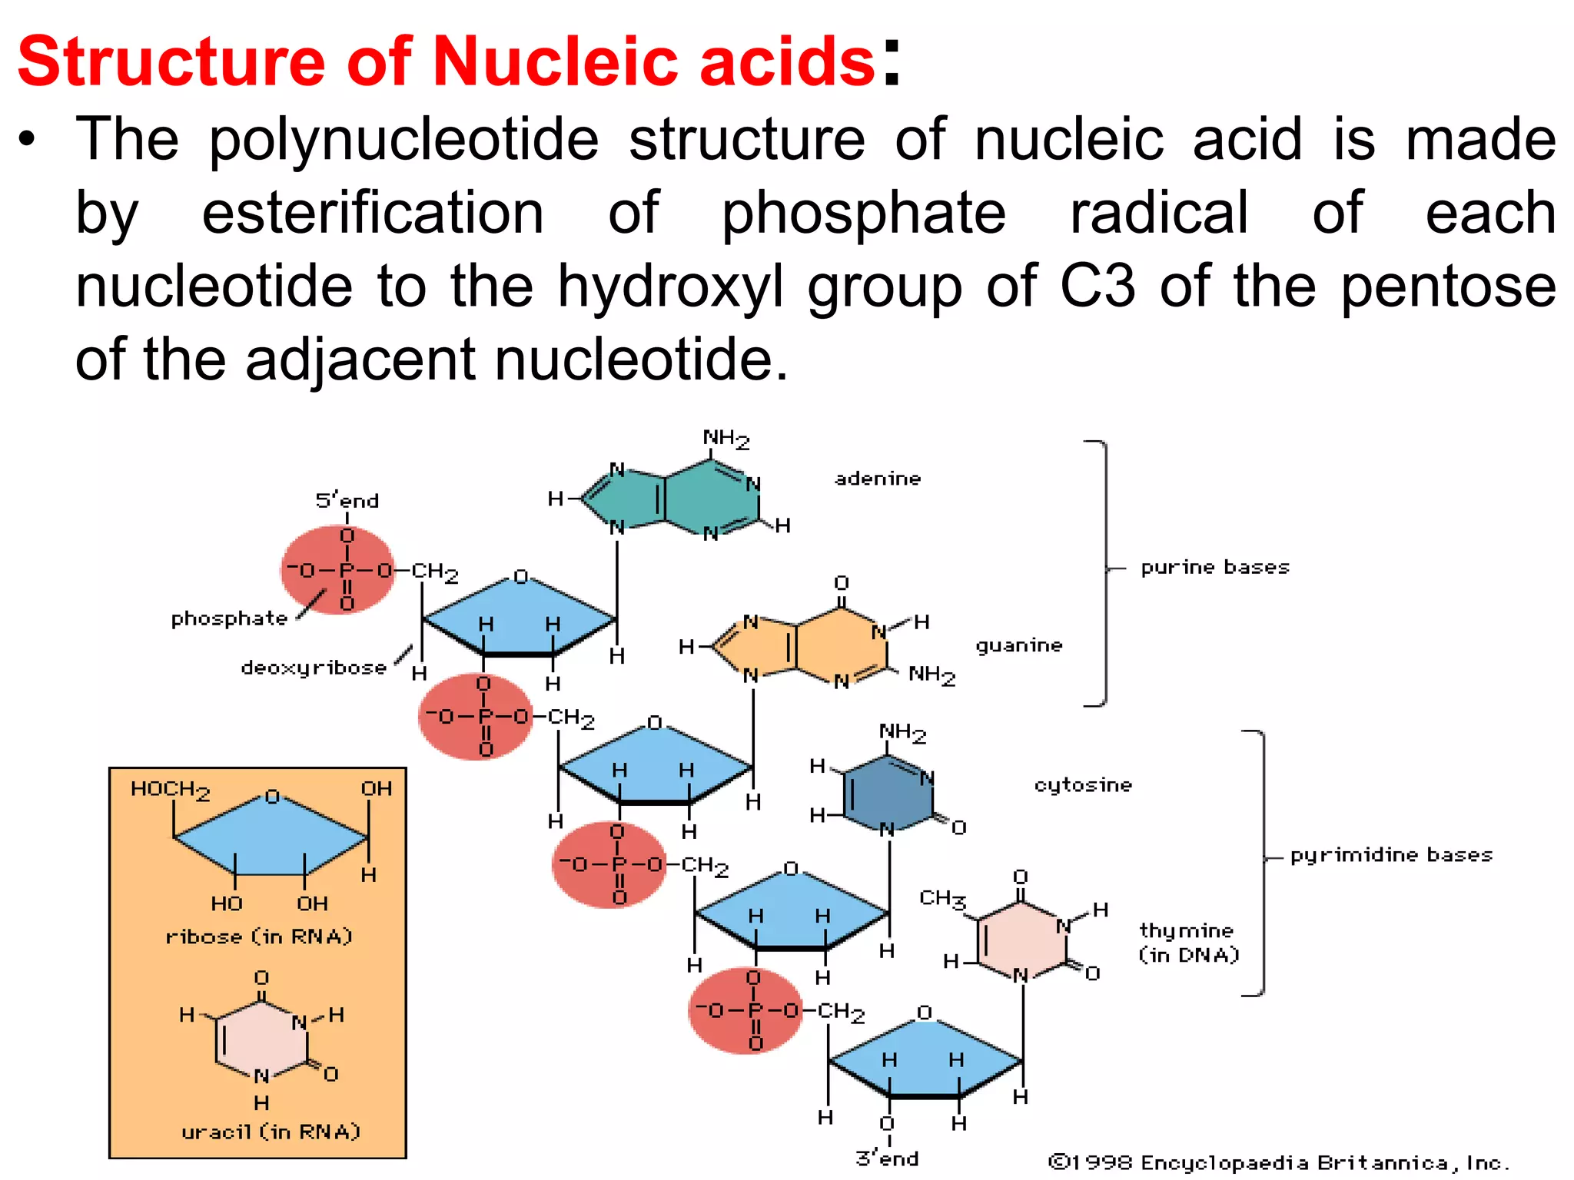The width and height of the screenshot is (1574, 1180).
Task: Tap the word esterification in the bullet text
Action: [x=373, y=213]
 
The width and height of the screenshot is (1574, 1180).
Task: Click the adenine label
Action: [x=878, y=479]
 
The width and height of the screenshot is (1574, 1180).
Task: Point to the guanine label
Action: [x=1019, y=645]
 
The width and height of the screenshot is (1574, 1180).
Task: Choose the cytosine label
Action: [x=1083, y=785]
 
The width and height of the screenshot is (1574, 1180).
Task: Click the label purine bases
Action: [x=1214, y=568]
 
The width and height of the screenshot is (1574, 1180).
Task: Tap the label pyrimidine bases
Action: [x=1391, y=855]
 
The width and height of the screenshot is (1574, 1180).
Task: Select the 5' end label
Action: [x=347, y=501]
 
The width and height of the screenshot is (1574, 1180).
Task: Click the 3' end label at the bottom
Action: [x=887, y=1158]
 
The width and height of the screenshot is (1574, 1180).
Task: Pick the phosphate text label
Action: [x=229, y=618]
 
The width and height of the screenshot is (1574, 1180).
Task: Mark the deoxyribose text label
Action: [x=314, y=668]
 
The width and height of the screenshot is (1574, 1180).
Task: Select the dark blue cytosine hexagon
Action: [x=888, y=795]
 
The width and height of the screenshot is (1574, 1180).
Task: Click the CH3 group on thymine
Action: [x=942, y=898]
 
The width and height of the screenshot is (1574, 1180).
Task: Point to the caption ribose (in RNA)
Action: [x=259, y=936]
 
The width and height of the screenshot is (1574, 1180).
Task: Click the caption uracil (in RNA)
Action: [x=271, y=1132]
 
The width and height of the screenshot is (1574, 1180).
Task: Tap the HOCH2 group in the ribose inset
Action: [x=170, y=790]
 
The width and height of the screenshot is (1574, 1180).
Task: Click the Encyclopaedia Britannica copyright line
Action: [x=1279, y=1162]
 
